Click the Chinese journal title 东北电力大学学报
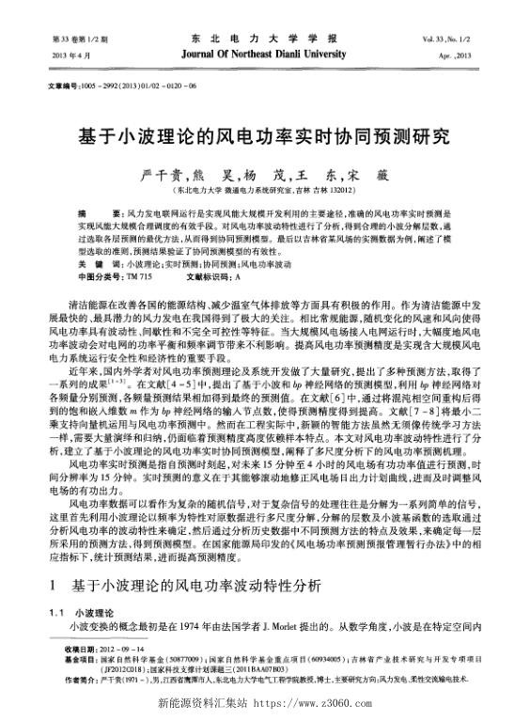pos(264,39)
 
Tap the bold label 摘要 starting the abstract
pos(97,215)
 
